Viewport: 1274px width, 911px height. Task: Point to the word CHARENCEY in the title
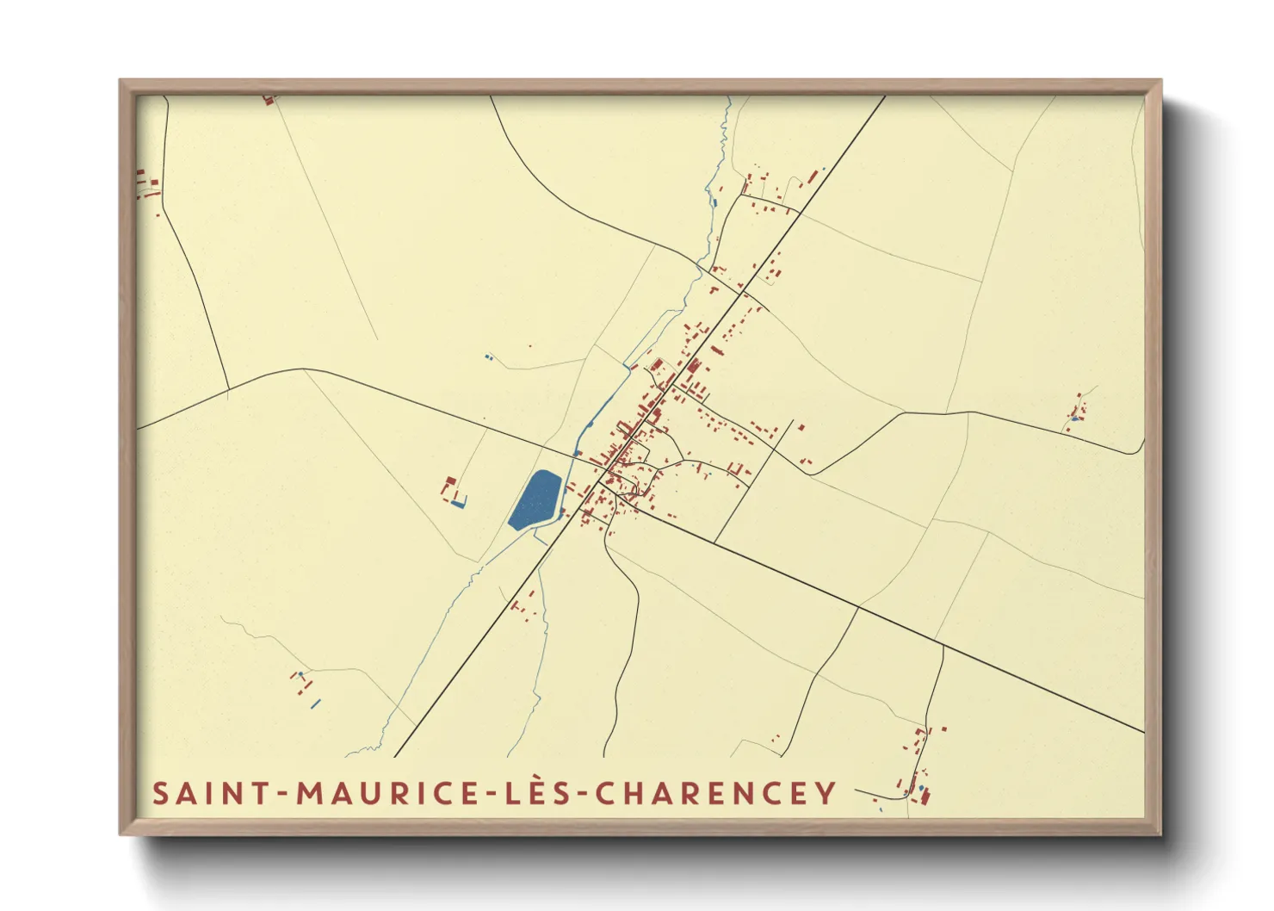tap(715, 793)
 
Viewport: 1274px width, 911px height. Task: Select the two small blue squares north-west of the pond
tap(488, 356)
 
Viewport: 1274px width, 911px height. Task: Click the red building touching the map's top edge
tap(269, 99)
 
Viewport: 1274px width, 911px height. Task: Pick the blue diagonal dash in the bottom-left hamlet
tap(315, 704)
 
